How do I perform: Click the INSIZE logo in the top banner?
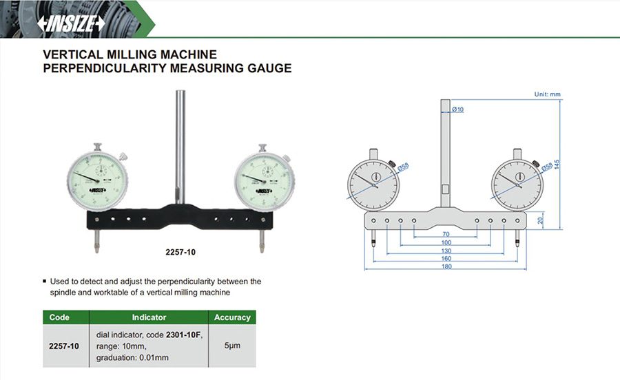click(72, 23)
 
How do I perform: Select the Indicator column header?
click(149, 317)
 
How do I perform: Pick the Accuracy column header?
click(232, 317)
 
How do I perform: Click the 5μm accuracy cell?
click(232, 345)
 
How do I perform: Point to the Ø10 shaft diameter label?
click(458, 109)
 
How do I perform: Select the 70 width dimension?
click(446, 235)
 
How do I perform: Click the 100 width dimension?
click(446, 243)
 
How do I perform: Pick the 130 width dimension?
click(446, 251)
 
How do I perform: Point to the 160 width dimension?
click(446, 259)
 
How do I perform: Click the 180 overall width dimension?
click(446, 267)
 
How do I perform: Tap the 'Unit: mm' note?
click(548, 94)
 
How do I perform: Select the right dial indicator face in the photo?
click(262, 182)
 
